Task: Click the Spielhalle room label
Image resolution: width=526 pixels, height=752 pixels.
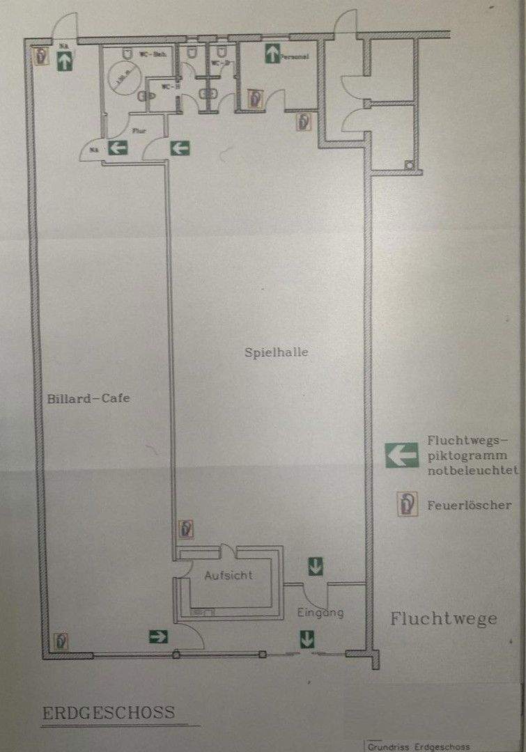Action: [276, 352]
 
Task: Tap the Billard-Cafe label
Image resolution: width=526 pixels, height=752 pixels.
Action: [89, 399]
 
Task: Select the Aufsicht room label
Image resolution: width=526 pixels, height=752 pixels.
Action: [228, 576]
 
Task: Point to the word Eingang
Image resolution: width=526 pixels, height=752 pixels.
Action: [320, 613]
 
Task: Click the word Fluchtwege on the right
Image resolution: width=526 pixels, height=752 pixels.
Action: [443, 618]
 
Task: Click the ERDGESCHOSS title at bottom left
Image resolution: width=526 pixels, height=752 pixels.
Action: [109, 714]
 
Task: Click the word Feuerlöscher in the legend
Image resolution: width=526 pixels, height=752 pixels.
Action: [469, 505]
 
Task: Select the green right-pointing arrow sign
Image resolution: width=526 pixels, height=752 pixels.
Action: [158, 635]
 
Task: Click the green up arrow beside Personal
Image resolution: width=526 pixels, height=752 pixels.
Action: [272, 54]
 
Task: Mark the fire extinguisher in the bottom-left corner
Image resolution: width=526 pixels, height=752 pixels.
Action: [61, 640]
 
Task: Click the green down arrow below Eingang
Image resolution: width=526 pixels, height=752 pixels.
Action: [306, 638]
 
